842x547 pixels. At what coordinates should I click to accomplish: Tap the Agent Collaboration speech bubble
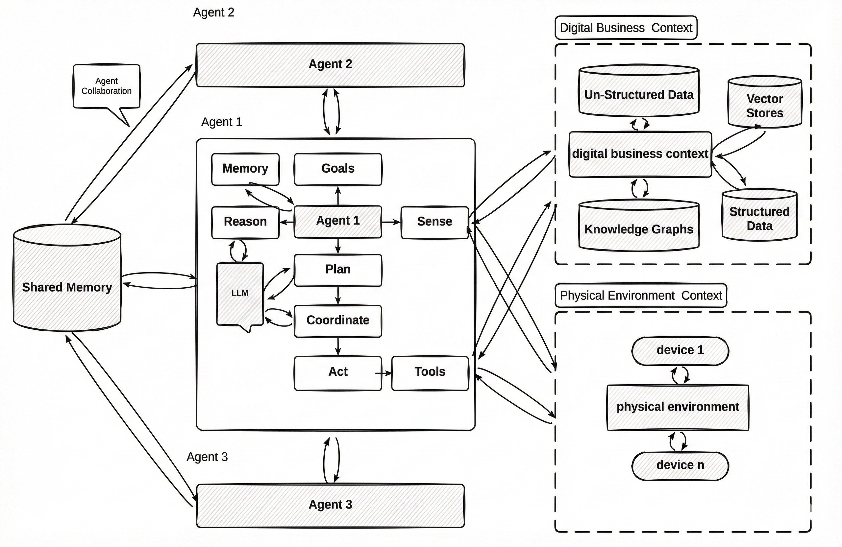coord(107,86)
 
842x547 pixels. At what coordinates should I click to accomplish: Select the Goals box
coord(338,169)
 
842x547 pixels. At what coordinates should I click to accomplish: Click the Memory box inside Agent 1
coord(245,169)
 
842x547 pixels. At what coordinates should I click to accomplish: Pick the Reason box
coord(245,222)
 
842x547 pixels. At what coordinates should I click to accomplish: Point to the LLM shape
coord(240,293)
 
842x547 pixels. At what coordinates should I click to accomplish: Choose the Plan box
coord(338,270)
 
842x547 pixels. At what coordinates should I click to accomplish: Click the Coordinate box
coord(338,321)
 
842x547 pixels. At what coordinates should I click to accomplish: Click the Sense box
coord(434,222)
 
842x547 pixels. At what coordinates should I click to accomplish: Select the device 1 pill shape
coord(680,350)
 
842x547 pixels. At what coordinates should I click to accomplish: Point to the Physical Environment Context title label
coord(641,295)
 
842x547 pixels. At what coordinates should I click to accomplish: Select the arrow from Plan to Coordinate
coord(338,296)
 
